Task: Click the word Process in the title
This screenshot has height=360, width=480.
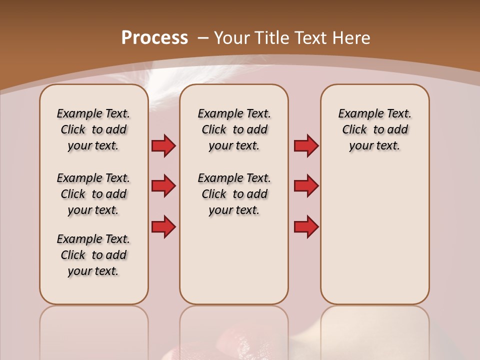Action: click(154, 37)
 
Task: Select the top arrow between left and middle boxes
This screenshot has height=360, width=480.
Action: click(163, 146)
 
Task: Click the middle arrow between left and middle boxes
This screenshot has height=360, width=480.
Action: click(163, 186)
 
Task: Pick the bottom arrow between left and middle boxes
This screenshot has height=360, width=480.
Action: click(163, 226)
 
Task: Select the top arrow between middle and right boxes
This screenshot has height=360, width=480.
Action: click(306, 146)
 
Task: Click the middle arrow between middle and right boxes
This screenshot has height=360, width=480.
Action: click(306, 186)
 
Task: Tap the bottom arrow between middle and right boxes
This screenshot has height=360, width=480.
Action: click(306, 226)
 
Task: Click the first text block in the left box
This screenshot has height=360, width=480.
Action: click(93, 129)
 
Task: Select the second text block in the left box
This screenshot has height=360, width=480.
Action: click(93, 194)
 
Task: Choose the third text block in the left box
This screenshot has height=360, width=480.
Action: click(93, 255)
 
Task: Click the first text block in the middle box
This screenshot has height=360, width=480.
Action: click(234, 129)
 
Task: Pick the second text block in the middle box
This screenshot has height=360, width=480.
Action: click(234, 194)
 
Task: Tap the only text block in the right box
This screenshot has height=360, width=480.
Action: click(374, 129)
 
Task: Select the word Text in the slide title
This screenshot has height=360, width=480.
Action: click(310, 37)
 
